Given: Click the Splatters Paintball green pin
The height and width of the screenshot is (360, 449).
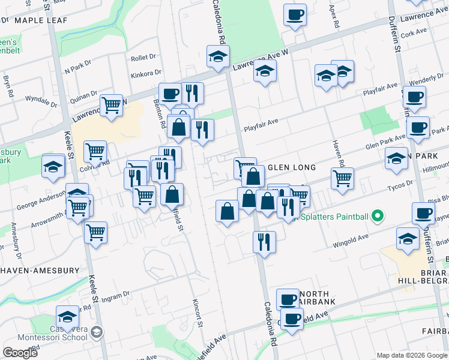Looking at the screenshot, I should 377,215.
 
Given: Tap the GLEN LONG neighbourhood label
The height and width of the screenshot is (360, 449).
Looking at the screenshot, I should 291,168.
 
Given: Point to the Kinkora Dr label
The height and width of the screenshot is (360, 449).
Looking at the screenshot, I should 145,76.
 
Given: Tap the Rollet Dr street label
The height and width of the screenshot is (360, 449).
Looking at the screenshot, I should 143,58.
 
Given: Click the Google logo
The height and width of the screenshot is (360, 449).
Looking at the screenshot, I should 20,353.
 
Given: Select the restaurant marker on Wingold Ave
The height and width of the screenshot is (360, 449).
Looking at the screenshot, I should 264,242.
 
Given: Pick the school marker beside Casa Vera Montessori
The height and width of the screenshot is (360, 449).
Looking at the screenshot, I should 67,317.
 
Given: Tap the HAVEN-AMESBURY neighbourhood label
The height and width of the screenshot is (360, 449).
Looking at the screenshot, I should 40,271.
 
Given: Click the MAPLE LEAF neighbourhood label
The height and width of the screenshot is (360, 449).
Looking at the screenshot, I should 41,20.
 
